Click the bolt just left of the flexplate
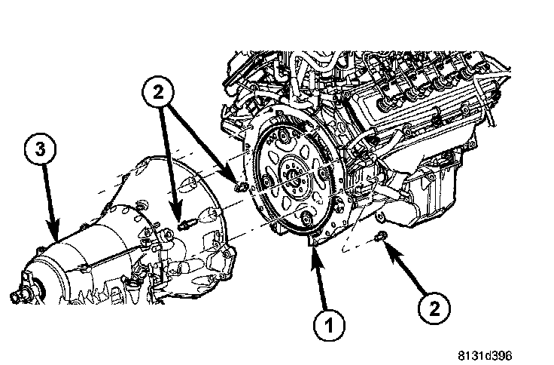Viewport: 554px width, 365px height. click(x=240, y=185)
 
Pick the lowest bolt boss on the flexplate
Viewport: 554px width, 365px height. click(x=306, y=218)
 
